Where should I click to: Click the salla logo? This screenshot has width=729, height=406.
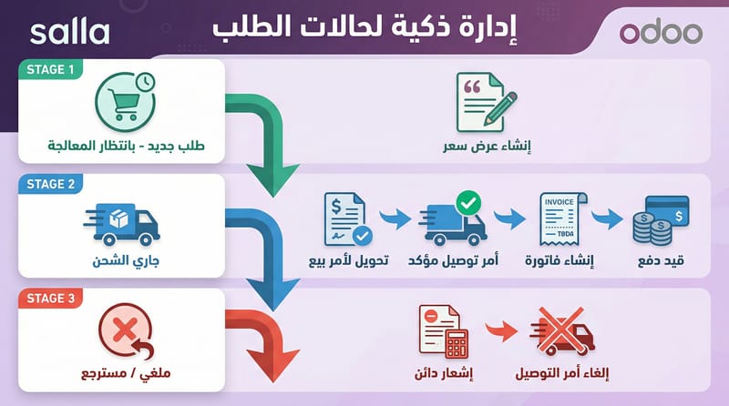coord(70,33)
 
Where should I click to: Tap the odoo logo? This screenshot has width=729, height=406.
coord(661,32)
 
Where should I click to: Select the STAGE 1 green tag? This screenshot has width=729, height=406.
coord(50,69)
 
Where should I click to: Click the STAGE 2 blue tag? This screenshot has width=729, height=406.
coord(50,184)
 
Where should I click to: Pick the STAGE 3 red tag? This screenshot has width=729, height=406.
coord(50,299)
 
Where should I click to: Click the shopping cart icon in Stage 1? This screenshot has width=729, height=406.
coord(123,104)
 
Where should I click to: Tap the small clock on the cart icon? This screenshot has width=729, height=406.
coord(146,82)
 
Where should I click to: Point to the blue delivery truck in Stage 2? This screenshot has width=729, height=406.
coord(122,224)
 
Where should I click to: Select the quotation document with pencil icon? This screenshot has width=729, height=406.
coord(486,103)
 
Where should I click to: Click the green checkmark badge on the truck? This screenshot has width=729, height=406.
coord(468,202)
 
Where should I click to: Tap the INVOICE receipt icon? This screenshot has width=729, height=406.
coord(562,218)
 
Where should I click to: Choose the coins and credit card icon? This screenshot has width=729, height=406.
coord(661,220)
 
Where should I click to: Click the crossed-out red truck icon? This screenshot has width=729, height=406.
coord(562,331)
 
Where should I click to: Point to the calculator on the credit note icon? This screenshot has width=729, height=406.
coord(457,344)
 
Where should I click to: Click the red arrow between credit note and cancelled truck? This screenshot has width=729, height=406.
coord(502,330)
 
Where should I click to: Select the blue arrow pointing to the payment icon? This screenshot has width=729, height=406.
coord(607,218)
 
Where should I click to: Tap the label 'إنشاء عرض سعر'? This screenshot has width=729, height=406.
coord(487,146)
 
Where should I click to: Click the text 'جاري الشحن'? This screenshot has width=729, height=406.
coord(126,260)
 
